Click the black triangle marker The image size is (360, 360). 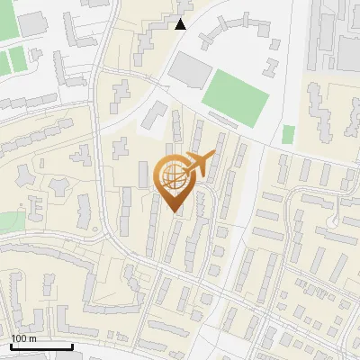click(x=181, y=24)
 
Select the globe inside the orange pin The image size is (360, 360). click(x=175, y=178)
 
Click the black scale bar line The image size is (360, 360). click(x=40, y=346)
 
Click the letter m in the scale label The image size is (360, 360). click(x=32, y=338)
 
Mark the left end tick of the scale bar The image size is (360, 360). click(x=11, y=346)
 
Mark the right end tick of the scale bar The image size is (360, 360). click(x=71, y=346)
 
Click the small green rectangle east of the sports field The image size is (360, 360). click(x=288, y=134)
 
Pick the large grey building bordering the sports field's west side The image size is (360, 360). click(x=188, y=67)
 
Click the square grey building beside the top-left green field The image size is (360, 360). click(x=33, y=24)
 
